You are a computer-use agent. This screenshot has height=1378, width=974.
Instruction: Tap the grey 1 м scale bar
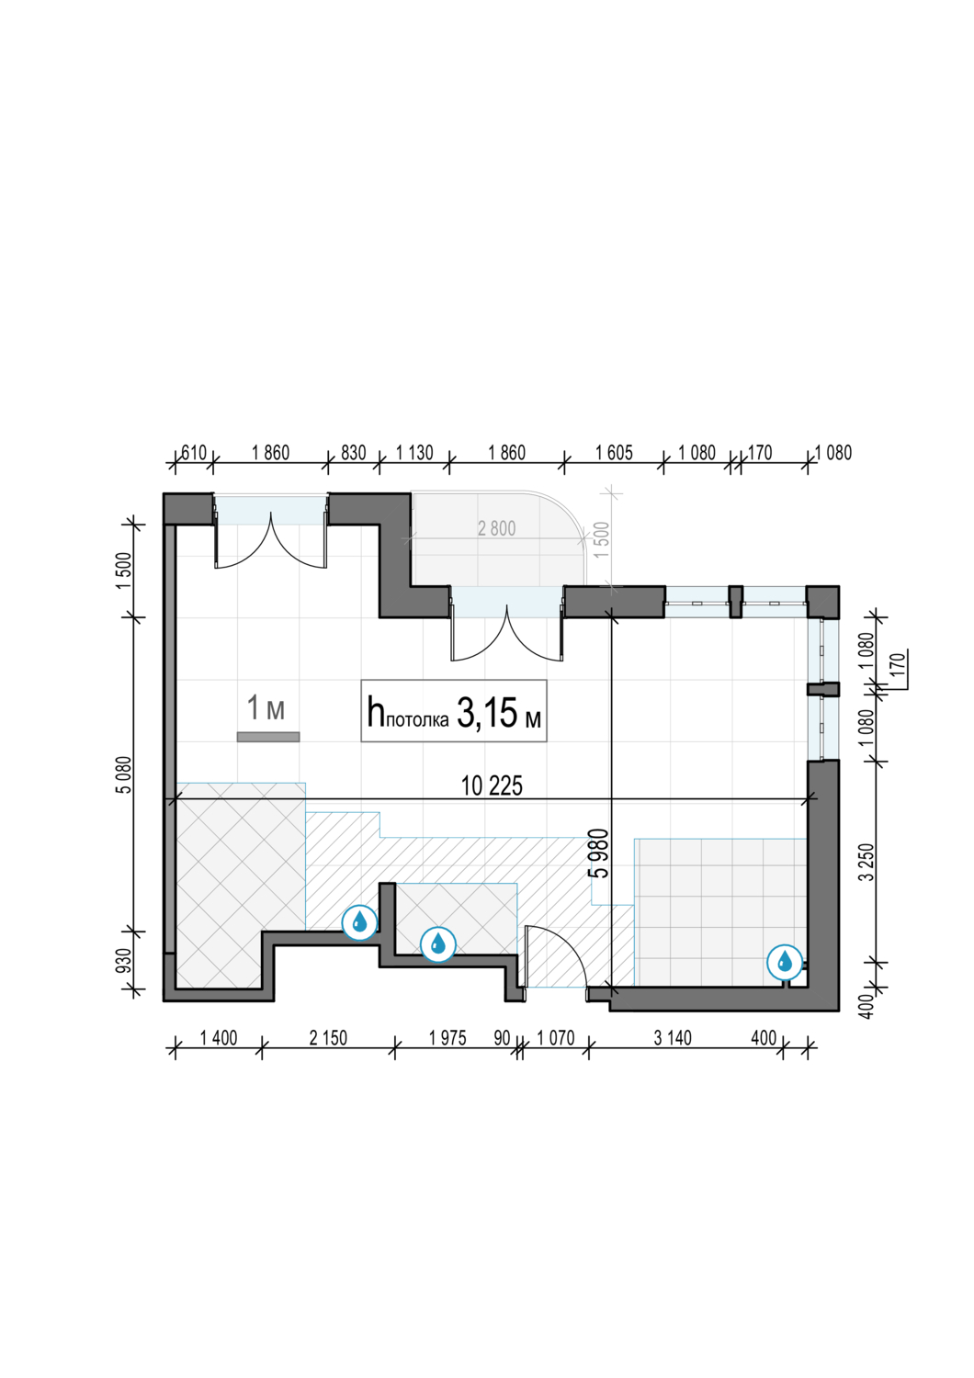point(268,737)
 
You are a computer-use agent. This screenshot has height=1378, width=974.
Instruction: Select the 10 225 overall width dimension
point(492,786)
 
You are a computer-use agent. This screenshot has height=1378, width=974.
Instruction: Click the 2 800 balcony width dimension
point(496,528)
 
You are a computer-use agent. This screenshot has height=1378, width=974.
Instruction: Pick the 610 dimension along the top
point(193,453)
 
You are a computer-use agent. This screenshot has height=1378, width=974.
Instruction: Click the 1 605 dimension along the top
point(614,453)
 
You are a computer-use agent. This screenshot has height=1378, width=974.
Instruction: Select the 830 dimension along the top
point(353,453)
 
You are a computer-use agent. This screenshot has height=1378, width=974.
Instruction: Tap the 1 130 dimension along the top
point(414,453)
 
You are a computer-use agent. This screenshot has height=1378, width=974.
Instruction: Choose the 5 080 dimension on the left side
point(124,775)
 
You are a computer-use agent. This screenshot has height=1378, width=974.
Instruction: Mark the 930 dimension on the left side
point(124,962)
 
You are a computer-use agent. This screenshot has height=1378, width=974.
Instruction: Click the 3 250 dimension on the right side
point(866,862)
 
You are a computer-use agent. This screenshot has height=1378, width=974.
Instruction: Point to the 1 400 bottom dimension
point(219,1038)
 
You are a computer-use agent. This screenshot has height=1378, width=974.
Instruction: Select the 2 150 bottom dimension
point(328,1038)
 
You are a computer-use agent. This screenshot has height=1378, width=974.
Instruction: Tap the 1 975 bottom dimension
point(447,1038)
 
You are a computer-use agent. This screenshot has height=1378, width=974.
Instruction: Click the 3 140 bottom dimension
point(673,1038)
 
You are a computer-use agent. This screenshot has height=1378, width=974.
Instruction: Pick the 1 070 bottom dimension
point(556,1038)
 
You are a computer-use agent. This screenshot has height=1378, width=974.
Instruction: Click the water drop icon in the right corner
point(785,962)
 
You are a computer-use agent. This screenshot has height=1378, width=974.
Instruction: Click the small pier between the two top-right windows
point(736,603)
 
